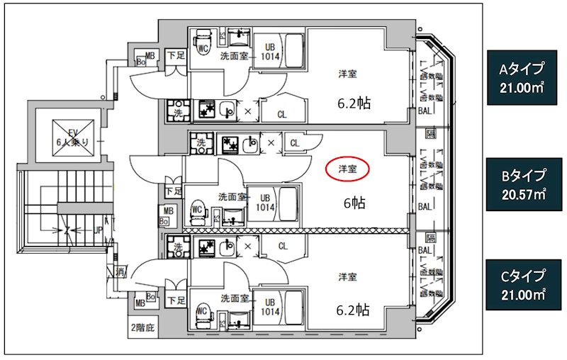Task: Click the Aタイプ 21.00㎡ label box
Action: [x=522, y=78]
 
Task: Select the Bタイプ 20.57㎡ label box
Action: [x=522, y=184]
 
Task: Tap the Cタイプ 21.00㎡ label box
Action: [x=522, y=285]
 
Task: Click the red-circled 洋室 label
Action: [x=347, y=169]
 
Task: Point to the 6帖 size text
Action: [x=354, y=203]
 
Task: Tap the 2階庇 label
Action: [x=142, y=327]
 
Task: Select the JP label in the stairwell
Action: [x=99, y=230]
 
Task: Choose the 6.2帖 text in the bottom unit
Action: [x=353, y=309]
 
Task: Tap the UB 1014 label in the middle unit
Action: [x=265, y=203]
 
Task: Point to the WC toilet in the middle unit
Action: [x=198, y=210]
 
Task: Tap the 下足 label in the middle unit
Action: [x=173, y=191]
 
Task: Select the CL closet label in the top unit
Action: [x=282, y=113]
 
